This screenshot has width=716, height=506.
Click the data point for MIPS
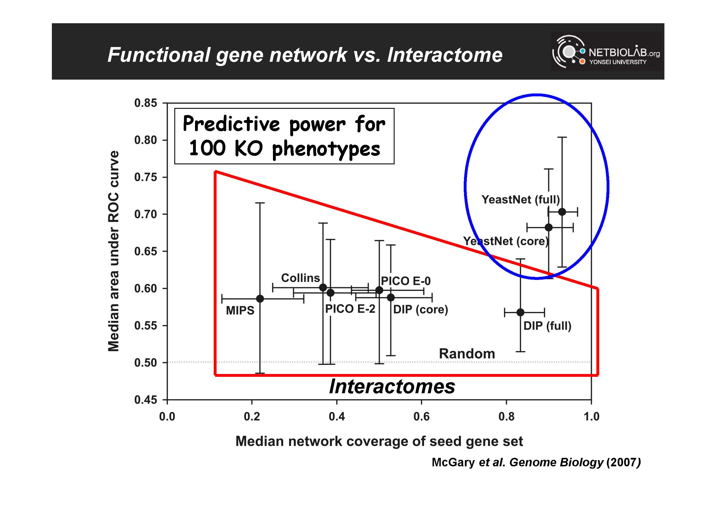coord(260,299)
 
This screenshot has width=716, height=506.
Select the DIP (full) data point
coord(520,312)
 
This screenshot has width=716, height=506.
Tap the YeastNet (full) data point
coord(562,212)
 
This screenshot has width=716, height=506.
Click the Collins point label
coord(300,278)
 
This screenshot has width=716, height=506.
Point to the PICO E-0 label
coord(406,281)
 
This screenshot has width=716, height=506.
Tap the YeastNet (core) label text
coord(505,241)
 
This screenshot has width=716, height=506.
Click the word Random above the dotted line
coord(467,354)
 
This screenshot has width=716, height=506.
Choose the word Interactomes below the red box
coord(392,387)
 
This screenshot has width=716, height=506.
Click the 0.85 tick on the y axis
coord(146,103)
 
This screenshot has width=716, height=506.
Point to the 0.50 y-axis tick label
coord(146,363)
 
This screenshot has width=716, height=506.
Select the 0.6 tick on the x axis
coord(421,416)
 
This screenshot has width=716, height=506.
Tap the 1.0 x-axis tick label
coord(591,416)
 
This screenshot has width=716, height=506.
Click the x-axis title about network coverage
coord(379,441)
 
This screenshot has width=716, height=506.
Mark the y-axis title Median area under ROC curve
coord(113,251)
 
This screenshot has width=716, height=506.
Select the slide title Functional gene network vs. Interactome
coord(305,55)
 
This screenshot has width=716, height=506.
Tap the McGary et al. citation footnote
coord(536,462)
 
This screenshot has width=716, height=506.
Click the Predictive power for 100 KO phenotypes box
coord(284,136)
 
